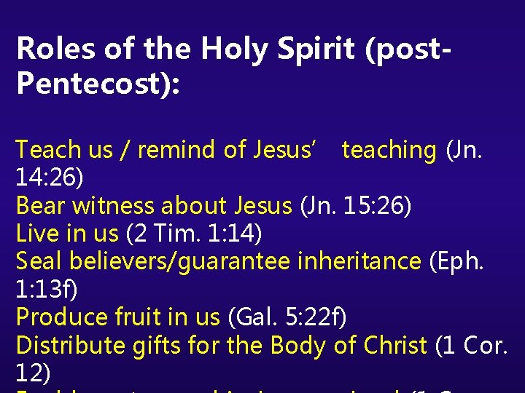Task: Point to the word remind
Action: click(177, 150)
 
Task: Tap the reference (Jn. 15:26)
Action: click(355, 206)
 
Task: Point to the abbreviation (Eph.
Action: click(462, 261)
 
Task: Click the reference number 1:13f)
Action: click(46, 290)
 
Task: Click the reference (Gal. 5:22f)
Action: click(287, 317)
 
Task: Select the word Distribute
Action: click(71, 345)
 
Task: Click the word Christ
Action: click(394, 345)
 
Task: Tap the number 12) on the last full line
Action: click(33, 373)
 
